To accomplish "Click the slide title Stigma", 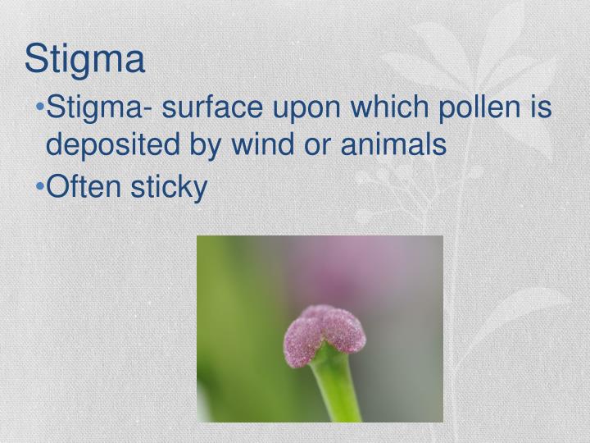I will coord(84,59).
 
